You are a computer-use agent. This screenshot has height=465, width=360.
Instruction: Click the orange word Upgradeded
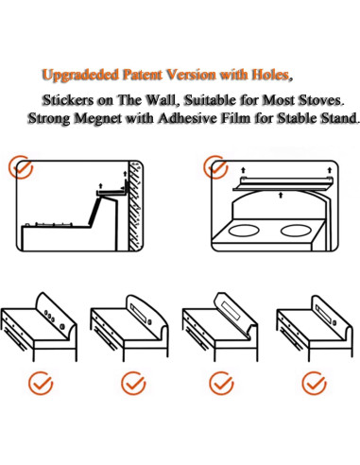coord(80,76)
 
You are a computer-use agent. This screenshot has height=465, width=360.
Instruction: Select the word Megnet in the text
coord(98,119)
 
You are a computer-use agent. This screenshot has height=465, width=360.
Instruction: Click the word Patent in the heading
coord(143,75)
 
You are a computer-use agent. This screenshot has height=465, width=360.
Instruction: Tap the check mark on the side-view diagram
coord(20,167)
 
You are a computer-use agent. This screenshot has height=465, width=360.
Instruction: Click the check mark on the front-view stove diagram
coord(215,167)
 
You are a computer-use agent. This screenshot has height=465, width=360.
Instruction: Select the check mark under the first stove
coord(41,383)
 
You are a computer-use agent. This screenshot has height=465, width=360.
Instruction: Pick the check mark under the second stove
coord(133,383)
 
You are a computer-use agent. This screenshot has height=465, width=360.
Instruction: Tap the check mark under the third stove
coord(221,383)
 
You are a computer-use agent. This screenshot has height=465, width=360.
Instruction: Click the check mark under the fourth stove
coord(314,383)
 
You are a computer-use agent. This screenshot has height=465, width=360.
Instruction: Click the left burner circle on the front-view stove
coord(244,231)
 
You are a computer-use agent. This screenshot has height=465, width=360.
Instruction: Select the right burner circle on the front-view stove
coord(296,231)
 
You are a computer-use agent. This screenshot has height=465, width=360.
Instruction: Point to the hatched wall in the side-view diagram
coord(136,206)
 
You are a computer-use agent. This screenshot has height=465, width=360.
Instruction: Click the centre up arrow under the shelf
coord(281,196)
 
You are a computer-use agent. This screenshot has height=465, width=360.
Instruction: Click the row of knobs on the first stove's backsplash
coord(55,319)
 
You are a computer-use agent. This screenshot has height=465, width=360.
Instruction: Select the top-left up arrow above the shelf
coord(243,170)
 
